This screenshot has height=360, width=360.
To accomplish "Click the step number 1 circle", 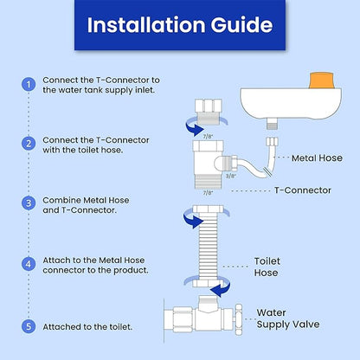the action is pos(29,85).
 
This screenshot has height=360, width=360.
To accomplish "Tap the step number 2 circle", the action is pos(29,144).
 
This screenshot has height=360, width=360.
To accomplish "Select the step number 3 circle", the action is pos(29,203).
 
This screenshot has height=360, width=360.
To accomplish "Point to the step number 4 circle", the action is pos(29,264).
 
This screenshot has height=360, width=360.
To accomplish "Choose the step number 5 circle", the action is pos(29,326).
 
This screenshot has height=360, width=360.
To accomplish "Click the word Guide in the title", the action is pos(241,25).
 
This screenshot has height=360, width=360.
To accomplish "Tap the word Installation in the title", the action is pos(146,25).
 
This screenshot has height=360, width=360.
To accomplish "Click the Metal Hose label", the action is pos(317,158).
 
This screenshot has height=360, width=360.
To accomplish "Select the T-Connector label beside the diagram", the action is pos(303,190).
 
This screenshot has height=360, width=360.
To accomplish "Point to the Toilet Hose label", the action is pos(267,267).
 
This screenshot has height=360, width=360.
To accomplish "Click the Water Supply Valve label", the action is pos(288,318).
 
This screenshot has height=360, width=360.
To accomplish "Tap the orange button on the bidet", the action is pos(321,80).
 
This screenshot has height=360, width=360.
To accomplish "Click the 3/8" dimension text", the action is pos(230,176).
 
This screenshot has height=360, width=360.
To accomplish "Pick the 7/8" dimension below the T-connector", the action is pos(208,193).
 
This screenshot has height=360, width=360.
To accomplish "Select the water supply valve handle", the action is pos(239,319).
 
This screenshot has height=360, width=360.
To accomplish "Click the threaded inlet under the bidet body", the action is pos(271,125).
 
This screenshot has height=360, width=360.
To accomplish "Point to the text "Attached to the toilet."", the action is pos(87,327).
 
